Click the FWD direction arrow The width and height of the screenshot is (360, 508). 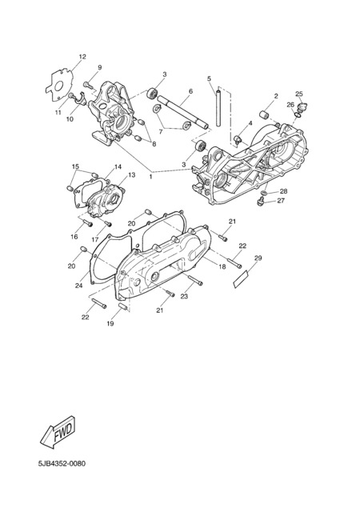(x=58, y=432)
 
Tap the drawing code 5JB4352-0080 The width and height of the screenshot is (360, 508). (x=62, y=464)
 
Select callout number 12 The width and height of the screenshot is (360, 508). (x=82, y=57)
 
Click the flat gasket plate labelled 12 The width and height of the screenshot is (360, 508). (x=59, y=85)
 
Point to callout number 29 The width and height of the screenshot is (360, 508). (x=258, y=258)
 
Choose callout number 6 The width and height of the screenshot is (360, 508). (x=190, y=91)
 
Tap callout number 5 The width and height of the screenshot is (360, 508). (x=209, y=78)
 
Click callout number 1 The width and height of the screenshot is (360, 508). (x=150, y=177)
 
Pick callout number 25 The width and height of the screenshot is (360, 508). (x=299, y=94)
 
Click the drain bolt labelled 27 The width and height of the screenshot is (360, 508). (x=261, y=202)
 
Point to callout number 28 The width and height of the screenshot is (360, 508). (x=283, y=191)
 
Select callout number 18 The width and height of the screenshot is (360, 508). (x=222, y=267)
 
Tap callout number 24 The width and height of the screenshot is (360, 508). (x=78, y=286)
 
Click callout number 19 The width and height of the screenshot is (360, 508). (x=110, y=323)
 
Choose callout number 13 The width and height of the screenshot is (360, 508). (x=131, y=175)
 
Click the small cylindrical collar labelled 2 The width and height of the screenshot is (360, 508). (x=266, y=114)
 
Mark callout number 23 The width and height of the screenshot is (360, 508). (x=184, y=297)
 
